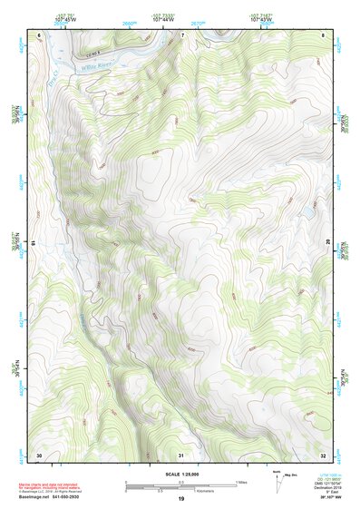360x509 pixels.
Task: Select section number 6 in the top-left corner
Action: click(x=40, y=35)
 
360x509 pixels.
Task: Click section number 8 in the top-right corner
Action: click(x=324, y=35)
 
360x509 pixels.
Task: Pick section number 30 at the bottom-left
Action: click(x=39, y=454)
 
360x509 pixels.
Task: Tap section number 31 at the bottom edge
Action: click(x=181, y=454)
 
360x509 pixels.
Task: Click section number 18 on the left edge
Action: click(x=34, y=243)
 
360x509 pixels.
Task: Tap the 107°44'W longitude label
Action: click(x=163, y=19)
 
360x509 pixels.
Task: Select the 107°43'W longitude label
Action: click(x=263, y=19)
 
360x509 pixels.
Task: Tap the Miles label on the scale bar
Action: click(x=242, y=481)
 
